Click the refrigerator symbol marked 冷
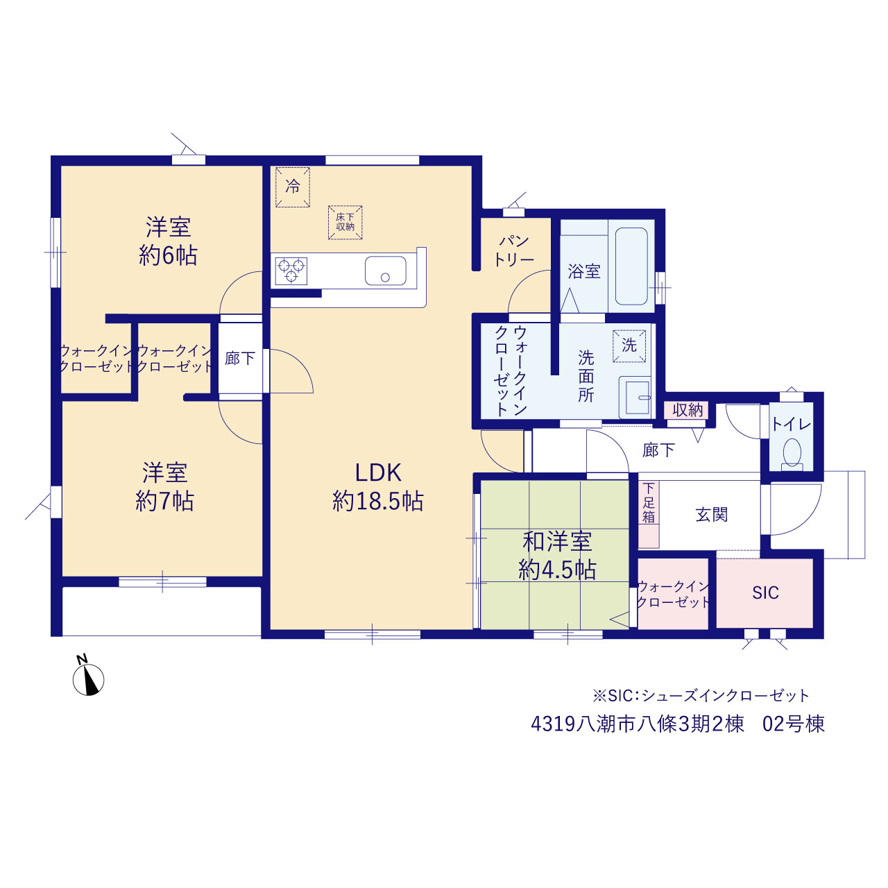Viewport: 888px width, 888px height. (x=292, y=187)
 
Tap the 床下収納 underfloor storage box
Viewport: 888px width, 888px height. (x=345, y=223)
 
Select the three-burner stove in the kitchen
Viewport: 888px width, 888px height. (x=291, y=271)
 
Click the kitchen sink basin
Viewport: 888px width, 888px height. (x=385, y=271)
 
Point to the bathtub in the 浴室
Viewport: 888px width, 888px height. (x=631, y=266)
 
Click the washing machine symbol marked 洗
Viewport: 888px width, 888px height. (x=629, y=345)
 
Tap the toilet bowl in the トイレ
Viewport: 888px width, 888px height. (x=792, y=454)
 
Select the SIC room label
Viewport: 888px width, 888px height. (x=765, y=592)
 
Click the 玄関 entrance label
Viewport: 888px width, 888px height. (x=712, y=515)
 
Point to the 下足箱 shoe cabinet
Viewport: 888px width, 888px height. (x=649, y=514)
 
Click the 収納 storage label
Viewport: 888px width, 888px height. (x=688, y=410)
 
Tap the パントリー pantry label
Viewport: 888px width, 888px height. (x=514, y=250)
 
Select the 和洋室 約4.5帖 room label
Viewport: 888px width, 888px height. (x=557, y=556)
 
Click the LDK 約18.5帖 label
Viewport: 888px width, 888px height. (x=378, y=486)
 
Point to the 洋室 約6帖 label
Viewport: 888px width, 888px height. (x=168, y=241)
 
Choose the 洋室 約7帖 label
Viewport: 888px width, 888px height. (x=164, y=486)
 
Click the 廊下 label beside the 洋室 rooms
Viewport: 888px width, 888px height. (x=239, y=358)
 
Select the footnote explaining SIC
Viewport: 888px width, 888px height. (x=701, y=696)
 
